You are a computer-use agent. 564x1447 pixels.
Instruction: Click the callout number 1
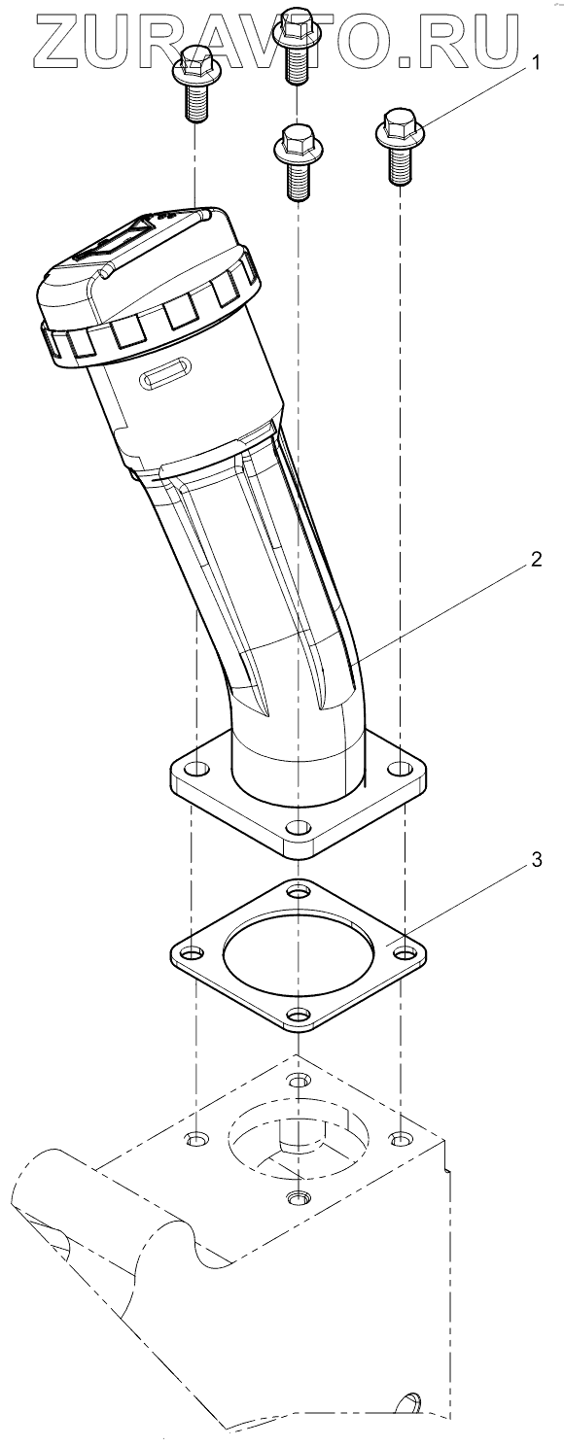tap(535, 62)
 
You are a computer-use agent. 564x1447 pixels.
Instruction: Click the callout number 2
tap(536, 559)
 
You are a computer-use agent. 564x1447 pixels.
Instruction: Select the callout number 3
tap(536, 860)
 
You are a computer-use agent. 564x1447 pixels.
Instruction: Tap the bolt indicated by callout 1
tap(400, 148)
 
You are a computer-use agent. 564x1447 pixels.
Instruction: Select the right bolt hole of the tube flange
tap(401, 769)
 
